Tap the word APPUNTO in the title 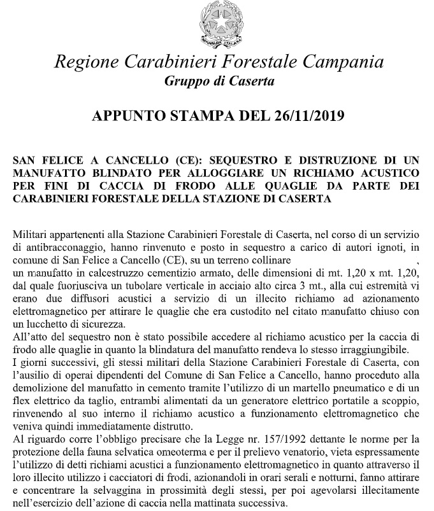coord(129,116)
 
